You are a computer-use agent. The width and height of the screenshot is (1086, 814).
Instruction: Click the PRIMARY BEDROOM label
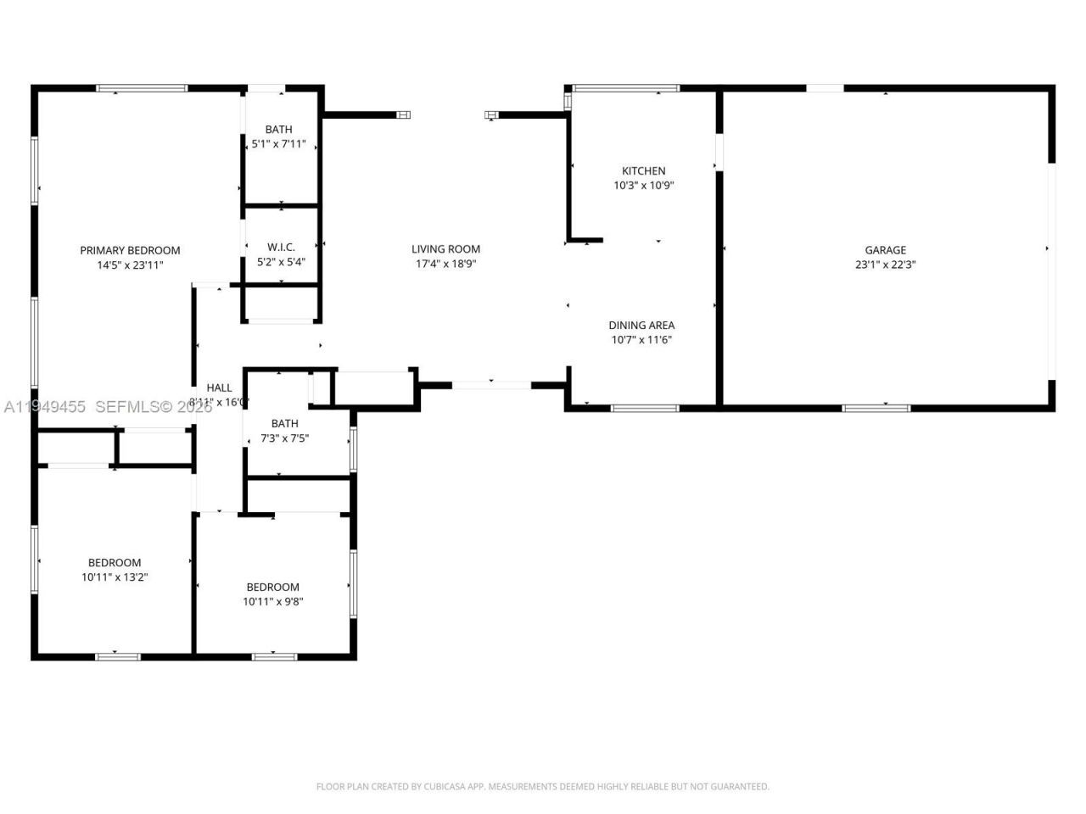(130, 250)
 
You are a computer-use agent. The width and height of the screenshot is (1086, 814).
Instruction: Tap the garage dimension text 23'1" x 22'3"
(885, 265)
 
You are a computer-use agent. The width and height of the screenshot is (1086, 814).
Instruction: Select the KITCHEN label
(643, 170)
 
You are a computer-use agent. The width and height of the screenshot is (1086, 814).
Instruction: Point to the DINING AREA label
(641, 325)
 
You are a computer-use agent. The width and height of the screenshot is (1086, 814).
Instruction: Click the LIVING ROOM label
(445, 249)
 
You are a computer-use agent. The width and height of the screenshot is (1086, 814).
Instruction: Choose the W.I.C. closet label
(281, 248)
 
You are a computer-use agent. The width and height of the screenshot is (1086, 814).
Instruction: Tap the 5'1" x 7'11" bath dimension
(278, 144)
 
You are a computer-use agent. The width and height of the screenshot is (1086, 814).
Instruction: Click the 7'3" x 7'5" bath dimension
(284, 438)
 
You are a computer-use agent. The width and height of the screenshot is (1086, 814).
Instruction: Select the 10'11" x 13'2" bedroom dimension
(115, 577)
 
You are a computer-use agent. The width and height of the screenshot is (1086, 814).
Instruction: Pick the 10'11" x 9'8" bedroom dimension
(272, 602)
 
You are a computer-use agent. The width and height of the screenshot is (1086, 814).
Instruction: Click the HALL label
(219, 387)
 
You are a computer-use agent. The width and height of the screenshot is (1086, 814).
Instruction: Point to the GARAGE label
(885, 250)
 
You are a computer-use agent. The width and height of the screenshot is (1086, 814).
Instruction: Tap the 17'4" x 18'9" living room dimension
(445, 264)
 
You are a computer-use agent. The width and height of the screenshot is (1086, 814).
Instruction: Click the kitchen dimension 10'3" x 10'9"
(643, 185)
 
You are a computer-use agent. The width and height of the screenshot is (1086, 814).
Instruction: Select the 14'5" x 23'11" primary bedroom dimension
(130, 265)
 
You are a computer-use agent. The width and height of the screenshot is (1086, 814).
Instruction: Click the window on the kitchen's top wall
(626, 87)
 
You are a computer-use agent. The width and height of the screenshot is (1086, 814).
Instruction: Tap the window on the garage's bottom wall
(876, 408)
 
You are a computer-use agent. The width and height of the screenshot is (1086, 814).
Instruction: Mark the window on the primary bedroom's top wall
(142, 87)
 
